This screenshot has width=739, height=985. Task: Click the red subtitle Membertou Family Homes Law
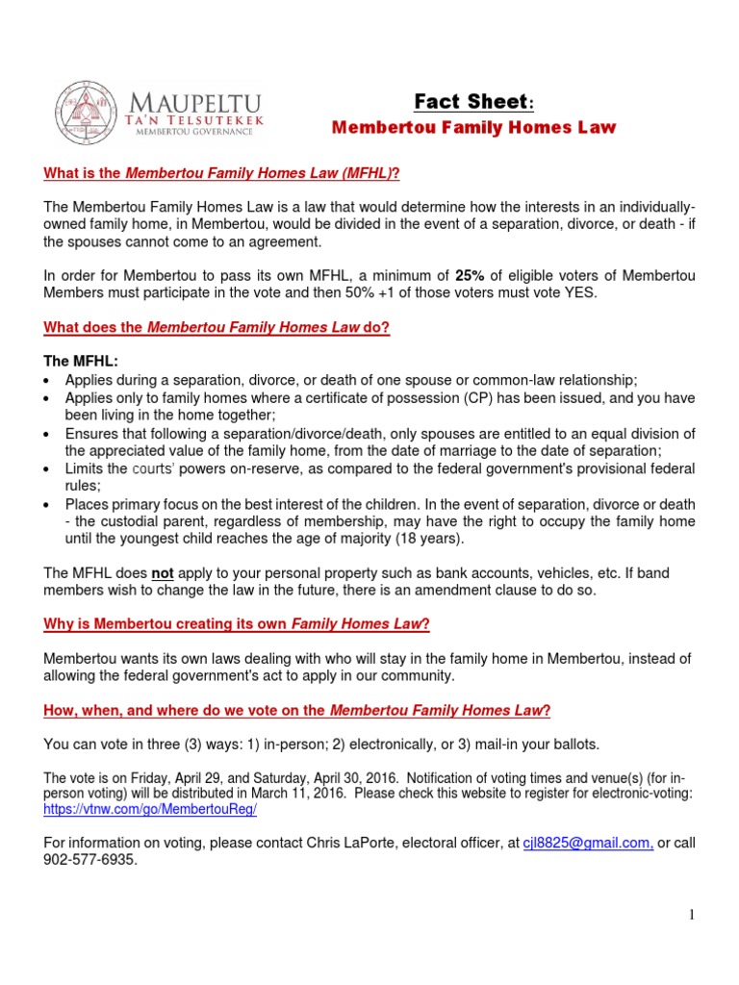473,127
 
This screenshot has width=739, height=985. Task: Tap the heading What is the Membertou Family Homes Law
221,173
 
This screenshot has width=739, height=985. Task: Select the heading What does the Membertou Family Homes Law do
217,328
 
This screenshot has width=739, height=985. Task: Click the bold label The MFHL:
81,362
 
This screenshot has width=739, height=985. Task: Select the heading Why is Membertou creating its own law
237,623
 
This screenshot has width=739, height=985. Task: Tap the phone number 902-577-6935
89,861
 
